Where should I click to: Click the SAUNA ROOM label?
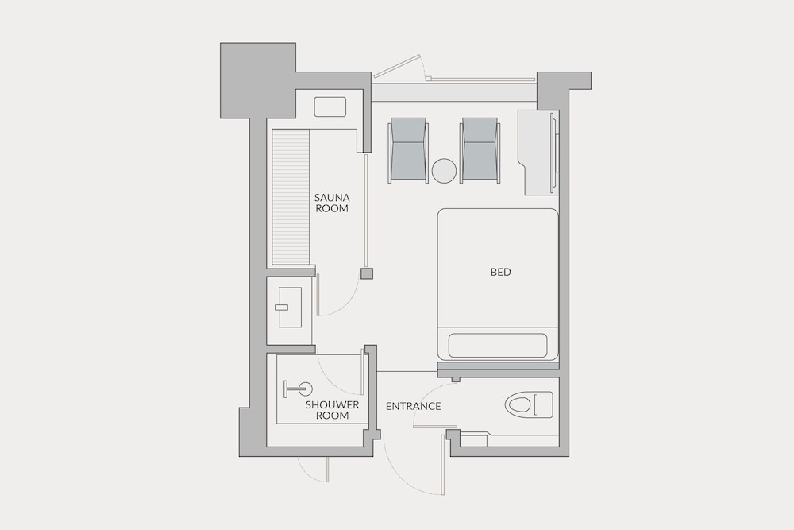(x=332, y=203)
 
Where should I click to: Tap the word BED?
(x=501, y=272)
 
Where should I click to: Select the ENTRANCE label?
(x=413, y=406)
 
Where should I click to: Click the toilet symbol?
(x=529, y=404)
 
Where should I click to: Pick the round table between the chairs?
(x=444, y=171)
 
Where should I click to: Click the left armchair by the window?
(x=408, y=150)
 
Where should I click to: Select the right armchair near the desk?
(x=480, y=150)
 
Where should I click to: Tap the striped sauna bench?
(x=291, y=197)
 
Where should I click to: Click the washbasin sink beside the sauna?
(x=289, y=307)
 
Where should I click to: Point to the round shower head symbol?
(x=305, y=389)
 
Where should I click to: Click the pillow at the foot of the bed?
(x=498, y=346)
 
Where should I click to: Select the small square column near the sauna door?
(x=367, y=273)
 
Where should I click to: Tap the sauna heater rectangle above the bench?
(x=330, y=107)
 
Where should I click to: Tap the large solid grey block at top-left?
(x=258, y=80)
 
